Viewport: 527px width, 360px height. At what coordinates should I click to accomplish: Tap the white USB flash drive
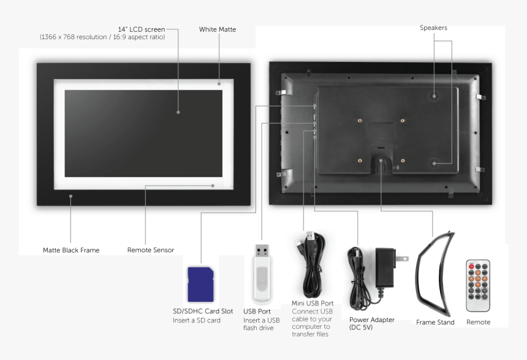click(x=262, y=275)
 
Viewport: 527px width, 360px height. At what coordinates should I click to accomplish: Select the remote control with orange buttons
click(x=478, y=285)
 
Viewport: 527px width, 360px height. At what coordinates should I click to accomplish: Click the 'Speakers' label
click(x=433, y=28)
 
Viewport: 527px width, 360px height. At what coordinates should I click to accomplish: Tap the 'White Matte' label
click(x=217, y=29)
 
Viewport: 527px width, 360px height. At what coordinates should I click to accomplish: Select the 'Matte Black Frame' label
click(x=71, y=250)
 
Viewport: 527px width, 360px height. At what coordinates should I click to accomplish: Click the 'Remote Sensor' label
click(x=151, y=250)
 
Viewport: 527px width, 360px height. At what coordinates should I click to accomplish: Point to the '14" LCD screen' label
click(x=142, y=29)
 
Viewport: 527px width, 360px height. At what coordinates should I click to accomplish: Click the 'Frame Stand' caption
click(x=435, y=322)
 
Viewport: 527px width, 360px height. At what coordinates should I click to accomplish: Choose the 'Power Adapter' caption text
click(x=372, y=320)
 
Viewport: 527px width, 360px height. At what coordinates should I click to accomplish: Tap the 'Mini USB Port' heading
click(x=313, y=303)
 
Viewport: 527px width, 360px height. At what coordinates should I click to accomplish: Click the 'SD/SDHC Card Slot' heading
click(x=203, y=311)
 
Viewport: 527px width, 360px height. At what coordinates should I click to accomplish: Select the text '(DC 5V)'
click(x=361, y=328)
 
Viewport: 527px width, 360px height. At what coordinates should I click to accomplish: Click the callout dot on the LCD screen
click(x=178, y=112)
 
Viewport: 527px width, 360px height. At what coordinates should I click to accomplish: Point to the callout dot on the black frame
click(x=71, y=197)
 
